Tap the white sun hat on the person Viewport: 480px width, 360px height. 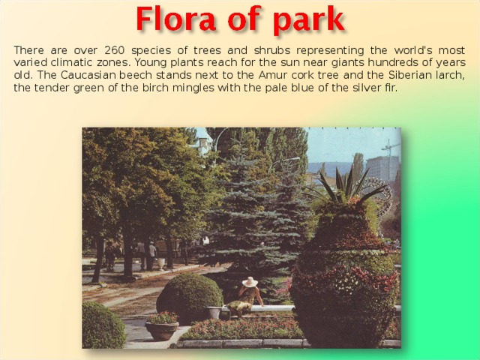(x=250, y=282)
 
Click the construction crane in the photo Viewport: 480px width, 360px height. (x=389, y=148)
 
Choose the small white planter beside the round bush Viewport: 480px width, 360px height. (x=214, y=312)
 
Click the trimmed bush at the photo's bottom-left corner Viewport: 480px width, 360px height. (x=102, y=326)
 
